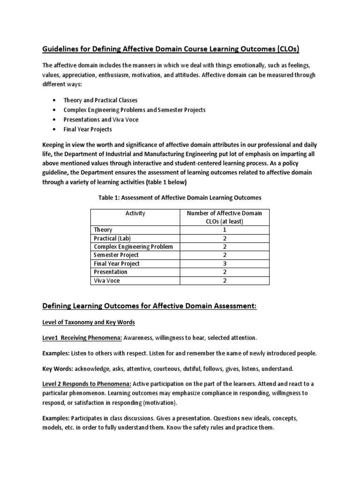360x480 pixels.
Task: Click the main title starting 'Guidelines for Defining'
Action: pyautogui.click(x=171, y=49)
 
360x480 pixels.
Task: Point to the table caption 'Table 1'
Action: pyautogui.click(x=180, y=197)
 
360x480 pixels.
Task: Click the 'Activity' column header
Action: pyautogui.click(x=135, y=213)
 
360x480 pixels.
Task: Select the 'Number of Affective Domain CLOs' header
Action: pyautogui.click(x=225, y=217)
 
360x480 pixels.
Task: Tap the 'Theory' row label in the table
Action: pyautogui.click(x=103, y=230)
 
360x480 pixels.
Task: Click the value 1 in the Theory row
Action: pyautogui.click(x=225, y=230)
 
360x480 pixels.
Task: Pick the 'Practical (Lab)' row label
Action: pyautogui.click(x=112, y=238)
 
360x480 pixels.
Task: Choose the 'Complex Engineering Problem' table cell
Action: pyautogui.click(x=134, y=247)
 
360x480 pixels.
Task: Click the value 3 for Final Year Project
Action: pyautogui.click(x=225, y=263)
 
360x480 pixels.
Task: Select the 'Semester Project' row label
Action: pyautogui.click(x=117, y=255)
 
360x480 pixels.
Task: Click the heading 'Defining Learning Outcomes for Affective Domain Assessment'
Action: pyautogui.click(x=150, y=306)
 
